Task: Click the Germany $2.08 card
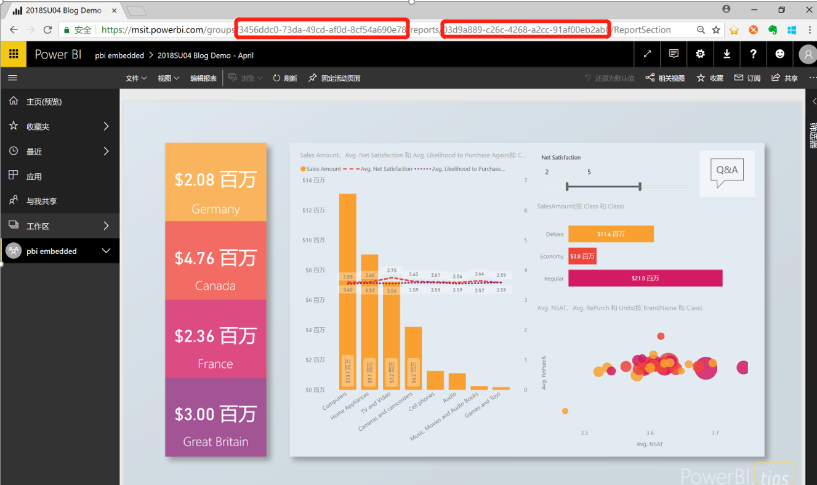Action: pos(215,182)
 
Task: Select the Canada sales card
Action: pos(215,261)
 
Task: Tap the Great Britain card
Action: pos(215,417)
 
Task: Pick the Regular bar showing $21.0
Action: pos(645,279)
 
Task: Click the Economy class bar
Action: pos(582,256)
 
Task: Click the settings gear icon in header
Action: pos(700,54)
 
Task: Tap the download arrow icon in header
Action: pos(726,54)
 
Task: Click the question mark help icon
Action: pos(753,54)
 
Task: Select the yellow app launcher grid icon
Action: pos(13,54)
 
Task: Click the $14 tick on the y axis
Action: pos(313,181)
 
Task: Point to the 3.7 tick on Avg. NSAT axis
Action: pos(715,433)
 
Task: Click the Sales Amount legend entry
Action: pos(320,169)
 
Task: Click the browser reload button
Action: pos(47,30)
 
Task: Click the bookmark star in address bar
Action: pos(716,30)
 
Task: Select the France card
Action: pos(215,339)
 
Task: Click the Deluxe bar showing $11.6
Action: pos(611,234)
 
